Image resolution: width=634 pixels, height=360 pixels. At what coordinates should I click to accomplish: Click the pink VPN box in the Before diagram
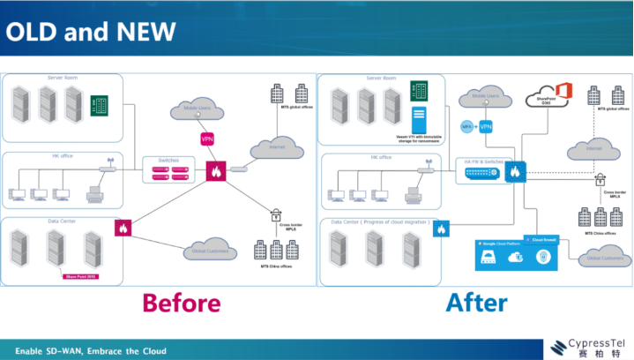click(208, 139)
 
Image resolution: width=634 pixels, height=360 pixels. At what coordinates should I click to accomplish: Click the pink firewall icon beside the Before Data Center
click(122, 228)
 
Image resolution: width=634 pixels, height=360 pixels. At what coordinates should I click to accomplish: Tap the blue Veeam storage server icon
click(418, 118)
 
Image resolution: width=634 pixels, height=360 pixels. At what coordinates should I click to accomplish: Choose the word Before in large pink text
click(182, 303)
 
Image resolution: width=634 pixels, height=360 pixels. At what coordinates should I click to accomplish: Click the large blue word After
click(476, 303)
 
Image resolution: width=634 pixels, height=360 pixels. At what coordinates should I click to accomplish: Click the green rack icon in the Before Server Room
click(104, 103)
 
